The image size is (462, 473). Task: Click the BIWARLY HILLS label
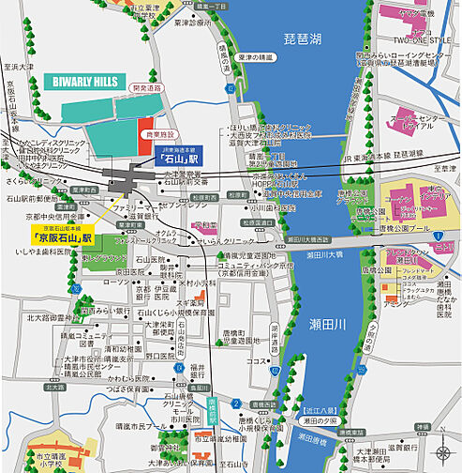point(85,82)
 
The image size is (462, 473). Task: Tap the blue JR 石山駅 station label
point(174,160)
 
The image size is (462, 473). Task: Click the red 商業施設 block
point(145,131)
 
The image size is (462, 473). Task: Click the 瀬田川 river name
point(328,324)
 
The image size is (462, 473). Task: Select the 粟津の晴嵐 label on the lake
point(254,58)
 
